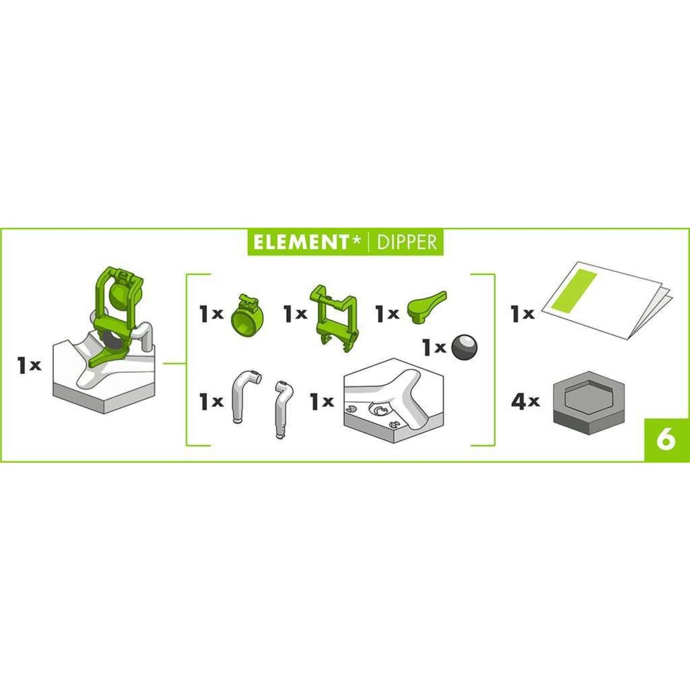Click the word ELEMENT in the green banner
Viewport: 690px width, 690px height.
(x=300, y=243)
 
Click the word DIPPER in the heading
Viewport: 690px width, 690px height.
(x=407, y=243)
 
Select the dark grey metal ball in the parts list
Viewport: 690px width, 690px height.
(x=465, y=347)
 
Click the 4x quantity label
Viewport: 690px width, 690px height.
(x=526, y=402)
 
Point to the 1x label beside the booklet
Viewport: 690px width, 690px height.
(x=523, y=314)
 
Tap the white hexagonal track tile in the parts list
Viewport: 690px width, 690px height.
(x=394, y=401)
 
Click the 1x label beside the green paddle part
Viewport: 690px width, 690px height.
(x=387, y=313)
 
